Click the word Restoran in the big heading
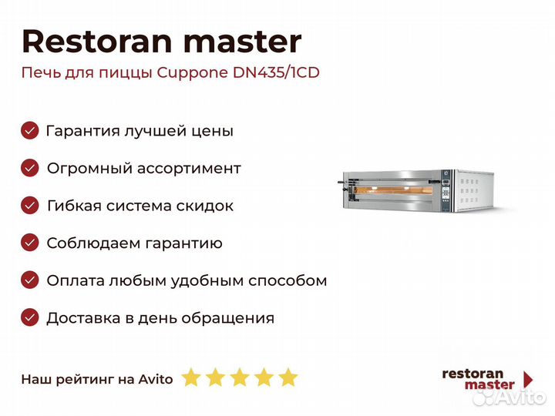tap(97, 42)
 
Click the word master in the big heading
tap(243, 42)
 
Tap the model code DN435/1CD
tap(276, 72)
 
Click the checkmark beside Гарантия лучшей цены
tap(30, 130)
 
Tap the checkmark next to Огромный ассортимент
tap(30, 168)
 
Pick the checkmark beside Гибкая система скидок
tap(30, 206)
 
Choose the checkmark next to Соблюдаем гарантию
tap(30, 243)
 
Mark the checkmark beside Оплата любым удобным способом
tap(30, 280)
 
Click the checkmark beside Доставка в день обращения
tap(30, 317)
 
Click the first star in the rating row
tap(191, 377)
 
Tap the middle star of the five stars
tap(240, 377)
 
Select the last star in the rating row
tap(288, 377)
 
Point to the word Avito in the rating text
tap(156, 379)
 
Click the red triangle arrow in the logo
tap(528, 379)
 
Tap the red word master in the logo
tap(489, 385)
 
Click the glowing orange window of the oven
tap(394, 190)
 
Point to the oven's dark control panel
tap(446, 191)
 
